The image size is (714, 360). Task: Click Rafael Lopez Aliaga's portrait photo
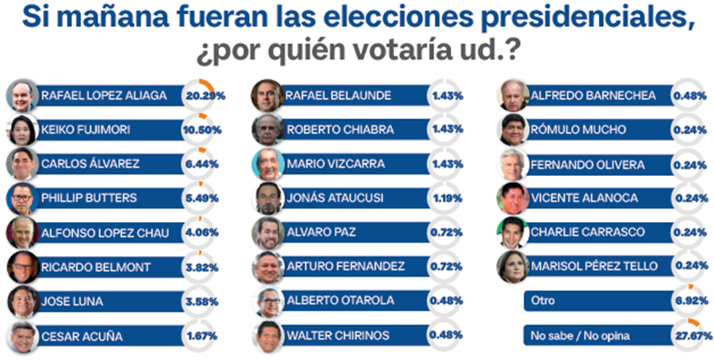(x=22, y=96)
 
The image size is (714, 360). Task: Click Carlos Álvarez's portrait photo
(x=22, y=164)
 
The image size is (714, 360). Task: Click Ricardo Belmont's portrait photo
(x=22, y=267)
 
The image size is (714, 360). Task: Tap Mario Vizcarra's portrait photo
(x=267, y=164)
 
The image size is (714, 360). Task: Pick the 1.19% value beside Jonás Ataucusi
(x=447, y=199)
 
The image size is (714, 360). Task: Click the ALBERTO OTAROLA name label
(x=333, y=301)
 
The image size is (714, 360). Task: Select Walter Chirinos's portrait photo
(x=267, y=336)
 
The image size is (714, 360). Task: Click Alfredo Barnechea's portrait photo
(x=512, y=96)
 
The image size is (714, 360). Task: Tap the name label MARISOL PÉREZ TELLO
(x=591, y=267)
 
